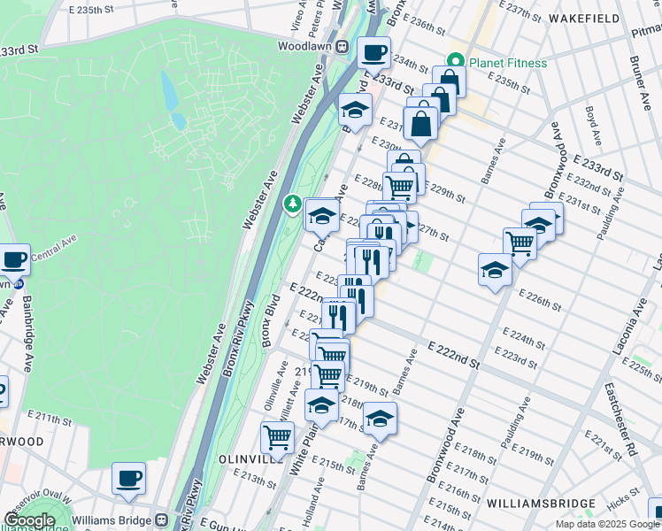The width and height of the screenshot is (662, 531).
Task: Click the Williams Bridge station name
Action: [112, 519]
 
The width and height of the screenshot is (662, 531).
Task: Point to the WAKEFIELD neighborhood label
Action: [584, 17]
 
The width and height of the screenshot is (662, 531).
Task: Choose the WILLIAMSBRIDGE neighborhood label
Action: [540, 504]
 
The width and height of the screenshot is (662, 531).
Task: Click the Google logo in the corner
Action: [29, 520]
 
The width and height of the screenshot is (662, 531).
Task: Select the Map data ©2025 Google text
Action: [608, 524]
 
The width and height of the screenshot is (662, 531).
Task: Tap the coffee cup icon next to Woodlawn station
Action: [373, 52]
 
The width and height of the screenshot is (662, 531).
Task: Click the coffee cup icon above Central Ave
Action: [14, 259]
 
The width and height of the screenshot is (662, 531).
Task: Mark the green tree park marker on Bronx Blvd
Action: [293, 204]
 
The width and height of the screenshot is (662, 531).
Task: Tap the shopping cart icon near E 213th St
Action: [278, 436]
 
